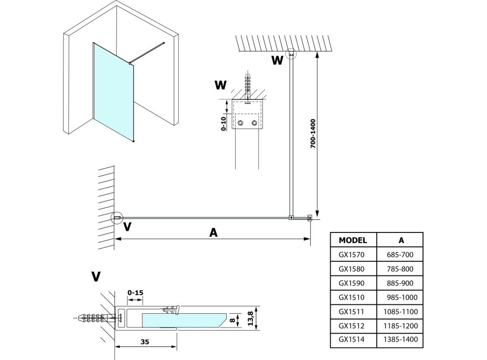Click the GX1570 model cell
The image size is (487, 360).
352,255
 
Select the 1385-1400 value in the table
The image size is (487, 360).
401,340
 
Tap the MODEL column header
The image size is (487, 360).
353,240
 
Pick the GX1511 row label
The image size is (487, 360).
352,311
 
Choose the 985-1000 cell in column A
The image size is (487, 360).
401,297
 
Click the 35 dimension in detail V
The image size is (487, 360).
145,342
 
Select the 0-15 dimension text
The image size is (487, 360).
134,291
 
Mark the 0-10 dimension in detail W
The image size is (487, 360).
224,124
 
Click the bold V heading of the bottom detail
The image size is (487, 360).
96,277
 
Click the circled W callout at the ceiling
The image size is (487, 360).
291,53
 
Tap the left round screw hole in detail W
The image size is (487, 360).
241,123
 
